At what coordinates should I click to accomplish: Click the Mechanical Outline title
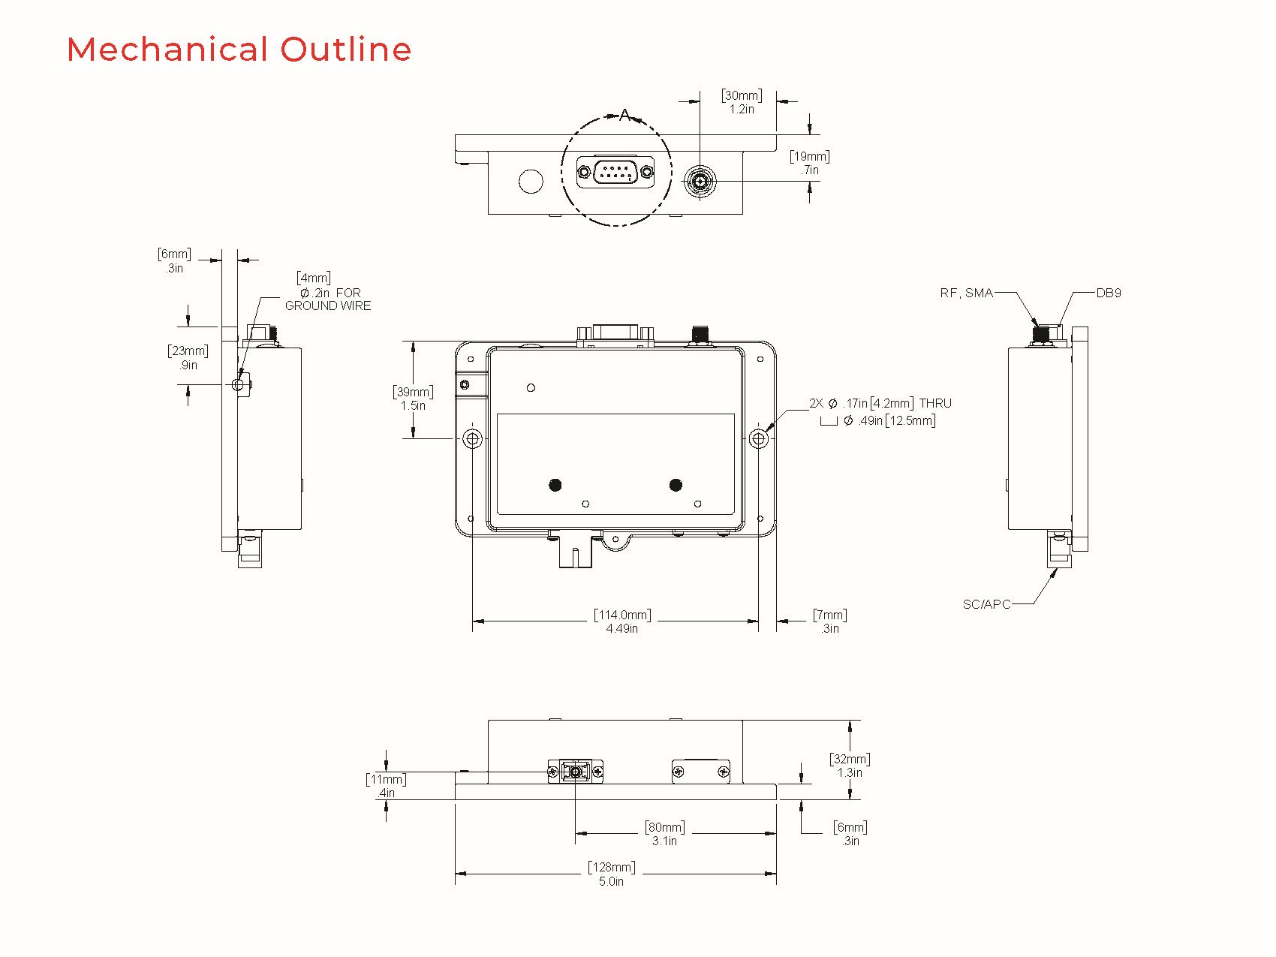(x=239, y=50)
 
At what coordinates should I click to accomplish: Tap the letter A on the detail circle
(x=624, y=116)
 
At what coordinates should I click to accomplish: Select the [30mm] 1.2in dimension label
(x=742, y=102)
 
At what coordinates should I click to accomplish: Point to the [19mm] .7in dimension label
(x=809, y=163)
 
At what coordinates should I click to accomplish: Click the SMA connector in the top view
(x=700, y=181)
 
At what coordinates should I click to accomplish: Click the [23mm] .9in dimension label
(x=188, y=358)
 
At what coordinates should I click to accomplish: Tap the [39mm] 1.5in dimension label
(x=413, y=399)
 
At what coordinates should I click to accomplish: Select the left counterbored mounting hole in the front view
(x=472, y=438)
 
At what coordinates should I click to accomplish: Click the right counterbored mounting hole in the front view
(x=759, y=438)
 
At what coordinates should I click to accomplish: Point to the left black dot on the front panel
(x=555, y=485)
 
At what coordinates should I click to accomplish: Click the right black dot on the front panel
(x=676, y=485)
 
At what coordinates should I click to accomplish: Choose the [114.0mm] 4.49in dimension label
(x=622, y=621)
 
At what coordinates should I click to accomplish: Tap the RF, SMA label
(x=966, y=293)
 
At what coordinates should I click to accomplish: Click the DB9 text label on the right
(x=1109, y=293)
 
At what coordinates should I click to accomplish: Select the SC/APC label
(x=986, y=604)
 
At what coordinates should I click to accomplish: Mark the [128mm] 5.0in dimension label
(x=611, y=874)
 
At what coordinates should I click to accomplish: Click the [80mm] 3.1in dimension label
(x=664, y=834)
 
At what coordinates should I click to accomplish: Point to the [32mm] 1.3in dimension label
(x=850, y=766)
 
